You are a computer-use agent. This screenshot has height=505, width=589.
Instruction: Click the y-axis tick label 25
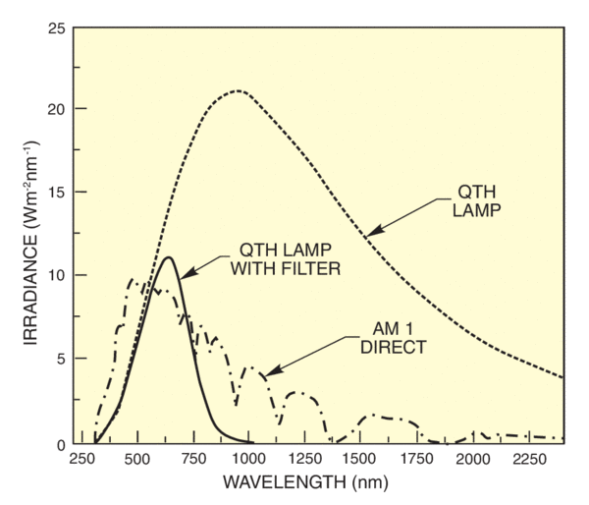coord(57,25)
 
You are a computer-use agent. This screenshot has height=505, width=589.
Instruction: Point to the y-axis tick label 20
coord(57,108)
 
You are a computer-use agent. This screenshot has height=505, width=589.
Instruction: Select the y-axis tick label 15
coord(57,192)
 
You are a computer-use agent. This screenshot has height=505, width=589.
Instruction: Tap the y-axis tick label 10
coord(57,275)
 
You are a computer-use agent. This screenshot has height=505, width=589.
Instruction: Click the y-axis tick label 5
coord(61,360)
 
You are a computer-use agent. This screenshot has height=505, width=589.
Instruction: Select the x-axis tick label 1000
coord(249,460)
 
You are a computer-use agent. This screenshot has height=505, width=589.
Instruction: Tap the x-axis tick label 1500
coord(360,460)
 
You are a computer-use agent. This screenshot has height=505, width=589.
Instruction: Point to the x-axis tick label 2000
coord(472,460)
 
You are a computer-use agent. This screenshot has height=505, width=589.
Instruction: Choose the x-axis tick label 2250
coord(527,460)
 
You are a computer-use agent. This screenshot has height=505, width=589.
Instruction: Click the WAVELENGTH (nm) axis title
coord(306,484)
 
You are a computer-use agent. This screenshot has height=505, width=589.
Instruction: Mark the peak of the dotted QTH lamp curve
coord(238,91)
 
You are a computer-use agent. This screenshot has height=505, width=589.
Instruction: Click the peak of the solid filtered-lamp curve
coord(169,257)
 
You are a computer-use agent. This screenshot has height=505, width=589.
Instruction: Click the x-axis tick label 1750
coord(416,460)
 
